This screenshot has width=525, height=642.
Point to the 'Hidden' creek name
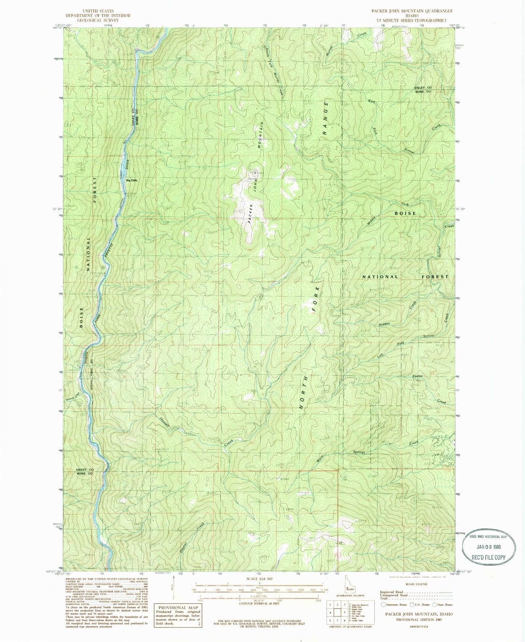tap(384, 324)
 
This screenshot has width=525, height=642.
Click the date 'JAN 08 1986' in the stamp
tap(488, 548)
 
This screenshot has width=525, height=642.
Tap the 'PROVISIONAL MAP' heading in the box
tap(178, 608)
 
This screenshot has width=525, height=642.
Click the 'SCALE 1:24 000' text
tap(259, 579)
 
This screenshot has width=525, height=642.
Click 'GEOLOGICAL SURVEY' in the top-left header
tap(98, 20)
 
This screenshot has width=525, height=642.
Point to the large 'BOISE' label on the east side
tap(405, 213)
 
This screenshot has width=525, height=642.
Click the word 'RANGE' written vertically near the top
tap(326, 118)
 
